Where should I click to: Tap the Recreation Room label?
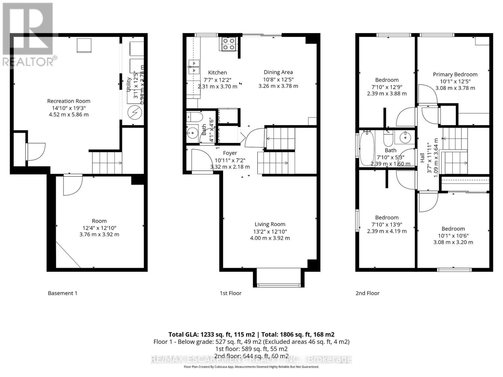click(69, 101)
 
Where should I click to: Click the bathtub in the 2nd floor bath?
click(366, 149)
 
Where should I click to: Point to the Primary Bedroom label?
click(455, 74)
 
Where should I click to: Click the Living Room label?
click(270, 224)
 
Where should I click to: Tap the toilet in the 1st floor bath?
click(191, 117)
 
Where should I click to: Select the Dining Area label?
click(278, 72)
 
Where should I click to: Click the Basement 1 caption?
click(63, 293)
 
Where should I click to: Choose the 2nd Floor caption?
click(367, 293)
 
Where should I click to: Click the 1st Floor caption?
click(230, 293)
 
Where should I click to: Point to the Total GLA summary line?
click(251, 335)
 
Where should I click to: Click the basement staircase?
click(107, 162)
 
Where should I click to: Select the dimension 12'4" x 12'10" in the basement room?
click(99, 228)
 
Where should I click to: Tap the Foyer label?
click(230, 153)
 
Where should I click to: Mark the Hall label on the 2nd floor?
click(423, 157)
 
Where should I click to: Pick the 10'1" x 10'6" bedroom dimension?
click(453, 236)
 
